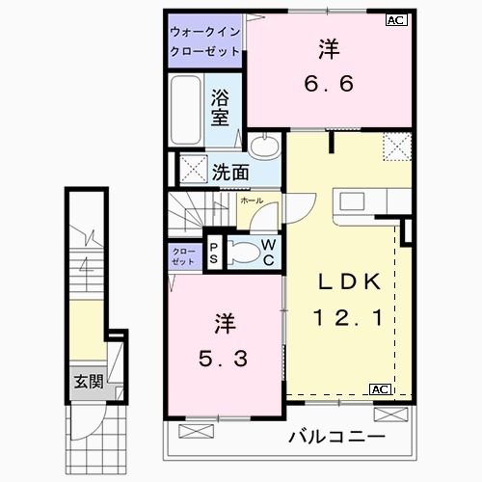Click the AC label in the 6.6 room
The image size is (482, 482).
(x=395, y=19)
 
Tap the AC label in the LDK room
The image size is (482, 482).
(x=379, y=388)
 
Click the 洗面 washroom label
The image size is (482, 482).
(x=229, y=173)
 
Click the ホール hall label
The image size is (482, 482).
(x=251, y=201)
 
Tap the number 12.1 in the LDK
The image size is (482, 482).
(x=351, y=315)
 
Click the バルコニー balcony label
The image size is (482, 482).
(x=336, y=438)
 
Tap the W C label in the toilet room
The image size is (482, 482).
(x=270, y=253)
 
